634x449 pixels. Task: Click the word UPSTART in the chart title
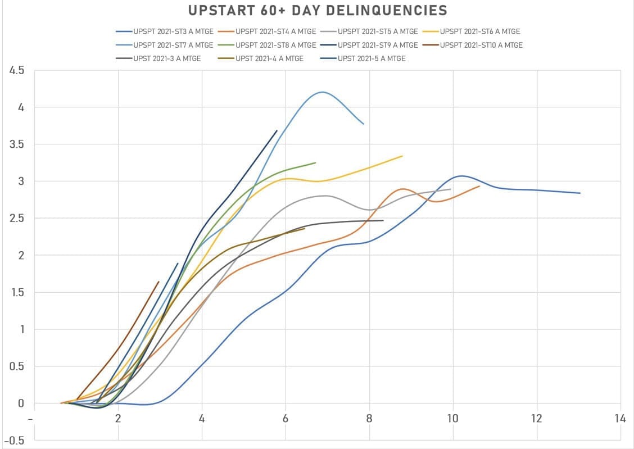(x=217, y=10)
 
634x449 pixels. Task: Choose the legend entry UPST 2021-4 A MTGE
(x=269, y=58)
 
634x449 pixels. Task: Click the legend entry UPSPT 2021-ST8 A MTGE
(x=276, y=45)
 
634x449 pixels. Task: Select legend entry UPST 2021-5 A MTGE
(x=372, y=58)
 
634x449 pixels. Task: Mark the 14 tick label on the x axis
(x=620, y=419)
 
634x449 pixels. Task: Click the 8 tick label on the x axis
(x=369, y=419)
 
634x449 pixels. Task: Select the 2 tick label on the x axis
(x=118, y=419)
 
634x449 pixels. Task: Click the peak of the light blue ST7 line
(x=323, y=92)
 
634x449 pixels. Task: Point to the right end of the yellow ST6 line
(x=402, y=156)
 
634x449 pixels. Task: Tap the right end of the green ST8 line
(x=315, y=162)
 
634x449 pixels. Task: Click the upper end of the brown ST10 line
(x=158, y=282)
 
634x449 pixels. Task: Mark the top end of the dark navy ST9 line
(x=277, y=130)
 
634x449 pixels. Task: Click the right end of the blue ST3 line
(x=579, y=193)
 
